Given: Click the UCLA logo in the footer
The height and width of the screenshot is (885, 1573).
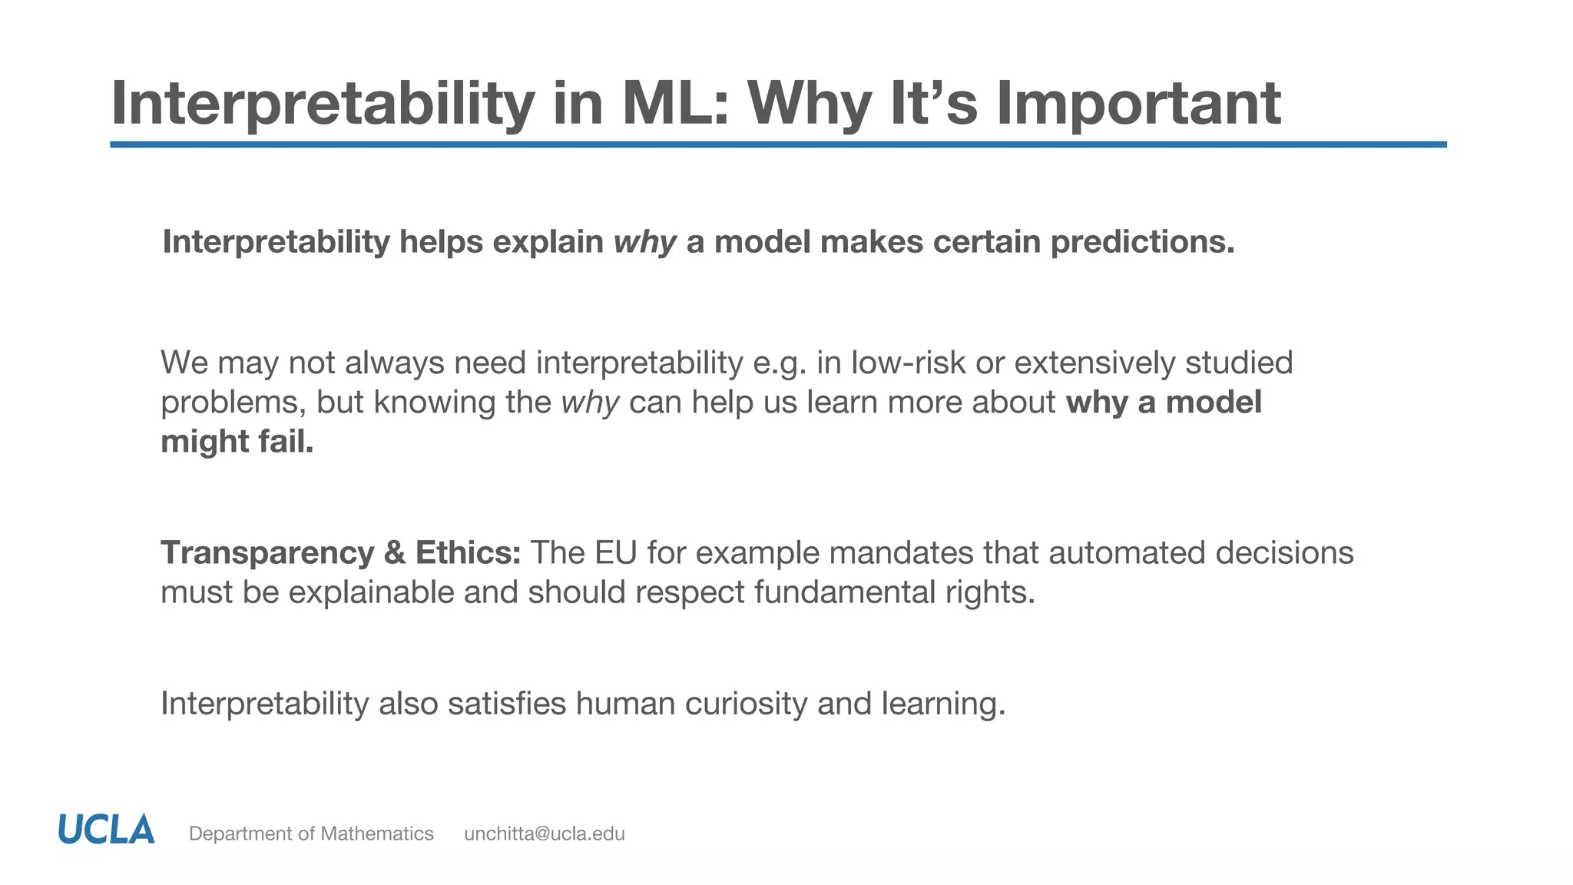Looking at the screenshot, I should click(106, 830).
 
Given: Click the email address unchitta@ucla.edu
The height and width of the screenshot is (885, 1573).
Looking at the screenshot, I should click(544, 834).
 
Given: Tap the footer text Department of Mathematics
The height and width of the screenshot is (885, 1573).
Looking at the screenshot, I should click(311, 834).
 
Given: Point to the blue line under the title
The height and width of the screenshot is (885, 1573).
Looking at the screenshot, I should click(777, 144).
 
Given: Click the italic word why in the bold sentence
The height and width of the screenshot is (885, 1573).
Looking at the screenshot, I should click(644, 243).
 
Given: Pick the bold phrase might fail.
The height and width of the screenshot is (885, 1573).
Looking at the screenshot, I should click(237, 442).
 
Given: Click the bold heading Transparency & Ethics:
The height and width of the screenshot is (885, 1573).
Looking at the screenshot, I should click(340, 553).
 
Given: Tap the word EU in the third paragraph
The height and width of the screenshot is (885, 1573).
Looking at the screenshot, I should click(616, 553).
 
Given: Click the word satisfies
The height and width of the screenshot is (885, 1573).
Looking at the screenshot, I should click(506, 704).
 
